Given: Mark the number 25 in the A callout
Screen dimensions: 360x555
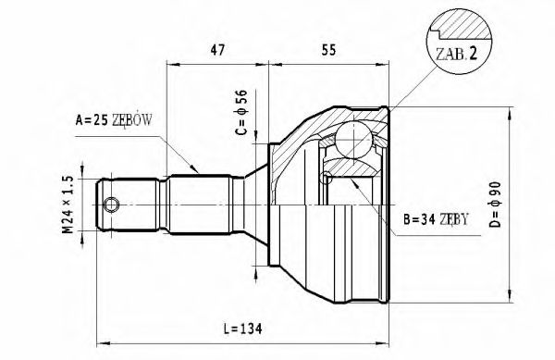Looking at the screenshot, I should click(x=97, y=119).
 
